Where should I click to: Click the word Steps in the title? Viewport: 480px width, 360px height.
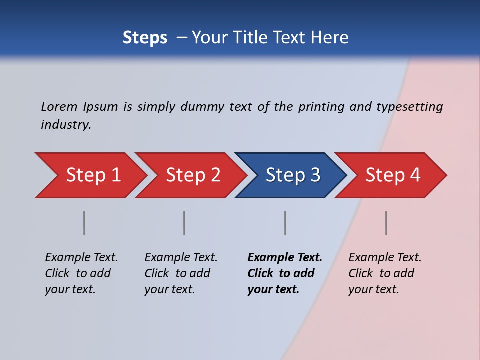tap(145, 38)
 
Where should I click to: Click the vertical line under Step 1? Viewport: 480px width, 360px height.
tap(84, 223)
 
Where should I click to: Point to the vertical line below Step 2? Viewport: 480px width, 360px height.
tap(184, 223)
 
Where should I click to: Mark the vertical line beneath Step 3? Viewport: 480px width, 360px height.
tap(285, 223)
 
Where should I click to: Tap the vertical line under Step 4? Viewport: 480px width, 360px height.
tap(386, 223)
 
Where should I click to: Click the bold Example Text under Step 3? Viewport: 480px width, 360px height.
tap(285, 258)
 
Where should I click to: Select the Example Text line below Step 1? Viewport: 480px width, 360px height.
tap(81, 258)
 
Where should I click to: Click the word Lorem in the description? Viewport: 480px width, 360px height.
tap(59, 107)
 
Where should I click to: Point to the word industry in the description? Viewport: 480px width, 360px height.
tap(66, 125)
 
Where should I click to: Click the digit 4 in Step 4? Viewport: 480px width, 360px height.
tap(415, 175)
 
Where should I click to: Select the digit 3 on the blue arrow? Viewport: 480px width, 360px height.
tap(315, 175)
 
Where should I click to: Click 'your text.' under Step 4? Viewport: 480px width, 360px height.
tap(373, 289)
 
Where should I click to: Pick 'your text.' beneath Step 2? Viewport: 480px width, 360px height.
tap(169, 289)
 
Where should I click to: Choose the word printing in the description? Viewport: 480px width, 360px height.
tap(321, 107)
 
